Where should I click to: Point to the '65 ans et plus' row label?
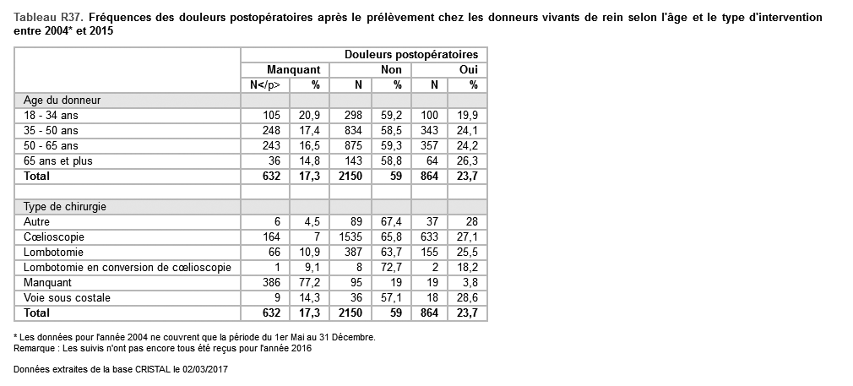click(57, 161)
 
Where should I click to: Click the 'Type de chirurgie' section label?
click(65, 207)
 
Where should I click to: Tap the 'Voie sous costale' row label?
click(68, 298)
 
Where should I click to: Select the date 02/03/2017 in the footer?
click(203, 370)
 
